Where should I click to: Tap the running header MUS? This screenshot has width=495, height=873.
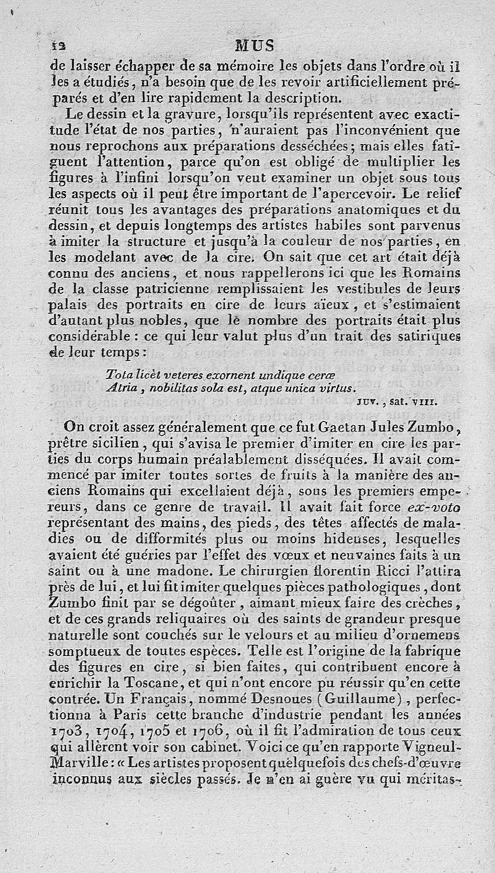point(254,46)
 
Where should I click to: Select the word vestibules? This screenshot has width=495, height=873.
point(350,287)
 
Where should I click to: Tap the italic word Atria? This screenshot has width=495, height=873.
point(120,388)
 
